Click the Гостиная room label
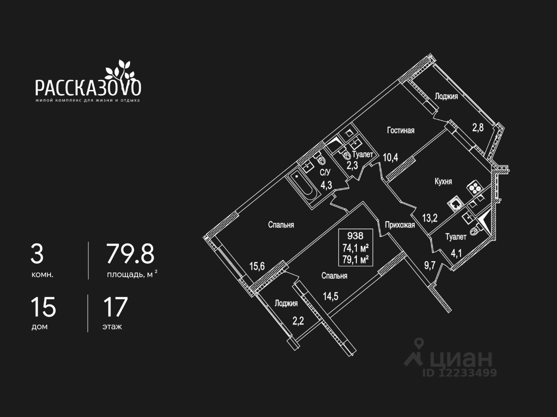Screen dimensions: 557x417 [x=401, y=130]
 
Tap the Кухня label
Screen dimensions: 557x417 [x=443, y=181]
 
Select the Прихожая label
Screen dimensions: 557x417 [x=399, y=225]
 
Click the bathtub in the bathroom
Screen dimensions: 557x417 [x=303, y=189]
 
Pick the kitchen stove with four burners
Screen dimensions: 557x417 [x=474, y=188]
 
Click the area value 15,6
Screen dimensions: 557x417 [x=257, y=266]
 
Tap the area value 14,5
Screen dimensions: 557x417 [x=331, y=296]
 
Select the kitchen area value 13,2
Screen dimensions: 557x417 [x=430, y=218]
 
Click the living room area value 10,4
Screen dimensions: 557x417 [x=390, y=157]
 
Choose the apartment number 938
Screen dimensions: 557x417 [x=355, y=236]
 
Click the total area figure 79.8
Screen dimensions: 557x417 [x=131, y=255]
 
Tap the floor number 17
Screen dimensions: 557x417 [x=115, y=307]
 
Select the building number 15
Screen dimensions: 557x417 [x=43, y=307]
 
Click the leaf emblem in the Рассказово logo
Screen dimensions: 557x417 [x=118, y=69]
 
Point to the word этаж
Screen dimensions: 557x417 [x=112, y=327]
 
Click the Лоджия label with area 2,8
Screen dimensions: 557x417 [x=446, y=96]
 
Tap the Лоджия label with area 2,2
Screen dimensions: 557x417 [x=286, y=304]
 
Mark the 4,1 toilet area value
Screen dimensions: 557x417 [x=456, y=252]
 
